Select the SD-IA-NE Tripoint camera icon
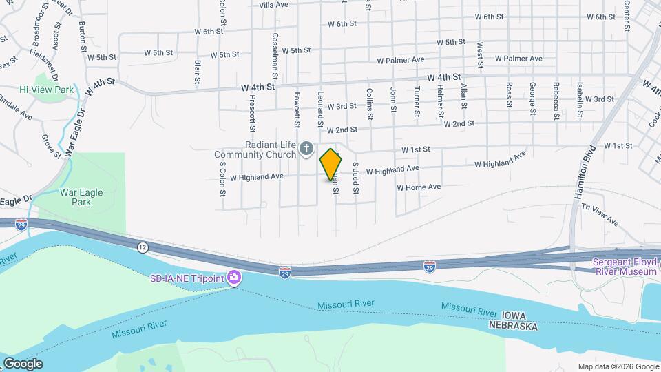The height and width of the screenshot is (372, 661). [x=235, y=278]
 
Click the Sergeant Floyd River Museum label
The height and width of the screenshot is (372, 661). [x=626, y=267]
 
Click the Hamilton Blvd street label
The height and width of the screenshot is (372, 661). [x=583, y=172]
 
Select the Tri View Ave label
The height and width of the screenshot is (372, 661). [x=600, y=215]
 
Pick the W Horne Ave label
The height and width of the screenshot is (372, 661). [x=419, y=187]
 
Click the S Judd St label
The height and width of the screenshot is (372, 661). [x=356, y=178]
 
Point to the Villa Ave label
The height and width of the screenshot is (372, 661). [x=273, y=5]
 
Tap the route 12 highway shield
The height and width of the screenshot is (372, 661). [x=143, y=247]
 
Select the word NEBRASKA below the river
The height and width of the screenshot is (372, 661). [x=514, y=326]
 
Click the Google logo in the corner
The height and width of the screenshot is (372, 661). [x=23, y=363]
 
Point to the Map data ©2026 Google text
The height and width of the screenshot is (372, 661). [x=618, y=366]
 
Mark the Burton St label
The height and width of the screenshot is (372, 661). [x=83, y=37]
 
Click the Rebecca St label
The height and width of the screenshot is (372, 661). [x=556, y=101]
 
